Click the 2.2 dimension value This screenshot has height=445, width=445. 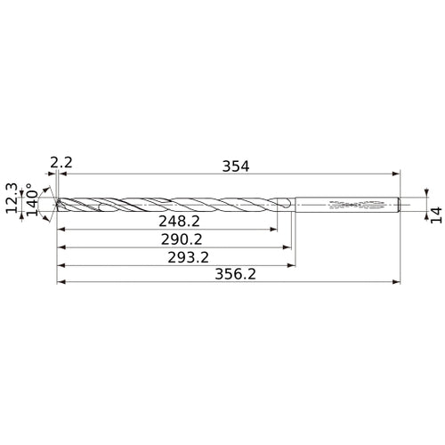pos(61,162)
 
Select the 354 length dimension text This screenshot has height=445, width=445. pos(236,166)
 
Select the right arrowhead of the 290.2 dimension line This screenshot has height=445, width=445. pos(290,247)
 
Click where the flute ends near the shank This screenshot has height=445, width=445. pos(287,205)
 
